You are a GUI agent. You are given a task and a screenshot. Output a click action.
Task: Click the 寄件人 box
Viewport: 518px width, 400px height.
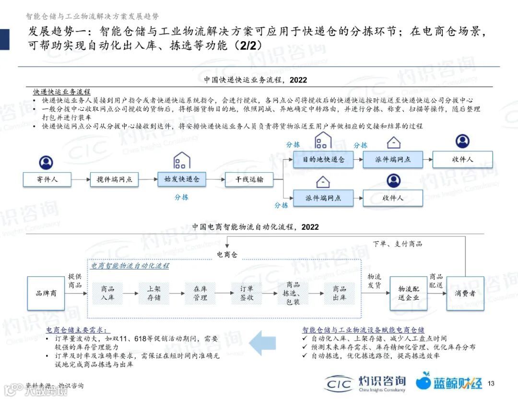[47, 180]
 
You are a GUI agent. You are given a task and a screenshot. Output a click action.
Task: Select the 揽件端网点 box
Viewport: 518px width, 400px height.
[115, 180]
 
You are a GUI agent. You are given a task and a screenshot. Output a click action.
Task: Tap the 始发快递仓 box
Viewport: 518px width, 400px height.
[182, 180]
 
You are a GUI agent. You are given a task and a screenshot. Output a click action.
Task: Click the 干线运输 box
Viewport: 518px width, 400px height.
[249, 180]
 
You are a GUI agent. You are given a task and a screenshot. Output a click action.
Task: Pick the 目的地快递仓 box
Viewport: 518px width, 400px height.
[323, 160]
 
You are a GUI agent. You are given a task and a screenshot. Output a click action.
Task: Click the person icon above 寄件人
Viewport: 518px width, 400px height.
[46, 163]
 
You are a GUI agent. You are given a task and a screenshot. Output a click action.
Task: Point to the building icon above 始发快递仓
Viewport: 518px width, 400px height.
[182, 160]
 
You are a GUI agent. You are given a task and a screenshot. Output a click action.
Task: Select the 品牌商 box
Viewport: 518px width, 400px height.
[46, 293]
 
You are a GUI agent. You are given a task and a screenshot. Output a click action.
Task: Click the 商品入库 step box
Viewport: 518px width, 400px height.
[107, 293]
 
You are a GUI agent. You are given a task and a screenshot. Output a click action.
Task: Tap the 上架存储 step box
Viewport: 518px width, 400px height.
[154, 293]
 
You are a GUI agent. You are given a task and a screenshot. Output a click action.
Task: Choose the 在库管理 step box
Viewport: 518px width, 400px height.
[200, 293]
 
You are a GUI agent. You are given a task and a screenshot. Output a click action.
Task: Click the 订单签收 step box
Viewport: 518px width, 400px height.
[247, 293]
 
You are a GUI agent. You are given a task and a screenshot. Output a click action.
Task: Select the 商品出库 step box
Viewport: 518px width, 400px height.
[340, 293]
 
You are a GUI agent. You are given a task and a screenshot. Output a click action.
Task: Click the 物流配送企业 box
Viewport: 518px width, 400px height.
[408, 293]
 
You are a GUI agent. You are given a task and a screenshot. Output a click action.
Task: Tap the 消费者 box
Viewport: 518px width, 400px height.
[465, 293]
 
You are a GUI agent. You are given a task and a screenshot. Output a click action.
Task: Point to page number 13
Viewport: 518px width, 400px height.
[491, 383]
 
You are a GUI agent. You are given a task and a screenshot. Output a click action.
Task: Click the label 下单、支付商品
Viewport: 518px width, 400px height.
[398, 244]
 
